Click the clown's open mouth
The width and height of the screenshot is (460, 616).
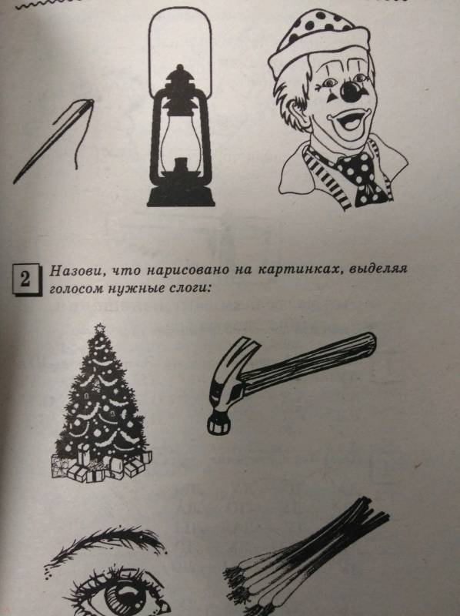tap(348, 121)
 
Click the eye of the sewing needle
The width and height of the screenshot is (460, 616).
tap(89, 102)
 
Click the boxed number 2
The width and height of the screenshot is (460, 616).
tap(25, 279)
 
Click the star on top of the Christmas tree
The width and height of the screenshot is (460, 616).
tap(100, 327)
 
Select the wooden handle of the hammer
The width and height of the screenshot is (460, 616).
tap(310, 361)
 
